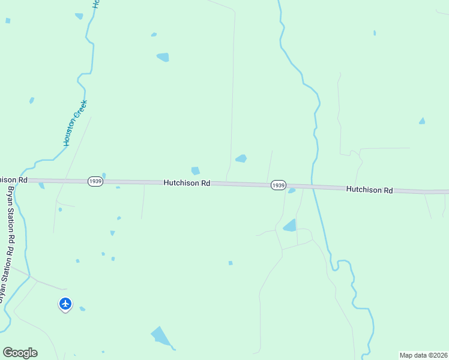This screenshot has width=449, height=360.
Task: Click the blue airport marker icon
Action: pyautogui.click(x=65, y=304)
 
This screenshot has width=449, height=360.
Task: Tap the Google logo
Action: pyautogui.click(x=20, y=353)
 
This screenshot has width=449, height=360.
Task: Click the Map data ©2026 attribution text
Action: pyautogui.click(x=423, y=355)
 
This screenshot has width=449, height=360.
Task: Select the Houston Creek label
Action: pyautogui.click(x=75, y=123)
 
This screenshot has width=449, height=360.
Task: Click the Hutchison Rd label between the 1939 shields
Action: pyautogui.click(x=187, y=183)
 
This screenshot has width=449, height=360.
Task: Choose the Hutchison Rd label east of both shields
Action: pyautogui.click(x=369, y=190)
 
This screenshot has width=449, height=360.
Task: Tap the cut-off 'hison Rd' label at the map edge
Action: pyautogui.click(x=13, y=179)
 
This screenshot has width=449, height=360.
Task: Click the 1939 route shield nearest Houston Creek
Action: pyautogui.click(x=95, y=181)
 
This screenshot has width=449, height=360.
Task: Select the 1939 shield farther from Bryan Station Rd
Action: pyautogui.click(x=277, y=185)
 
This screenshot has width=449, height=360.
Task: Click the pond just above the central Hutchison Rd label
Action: pyautogui.click(x=195, y=171)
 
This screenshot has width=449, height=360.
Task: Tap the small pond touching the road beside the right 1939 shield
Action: pyautogui.click(x=292, y=191)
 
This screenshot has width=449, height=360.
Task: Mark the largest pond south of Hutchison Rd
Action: pyautogui.click(x=160, y=336)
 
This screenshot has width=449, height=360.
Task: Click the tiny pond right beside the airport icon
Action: pyautogui.click(x=82, y=309)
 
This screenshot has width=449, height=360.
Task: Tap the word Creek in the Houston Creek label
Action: pyautogui.click(x=82, y=109)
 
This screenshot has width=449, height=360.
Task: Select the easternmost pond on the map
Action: pyautogui.click(x=422, y=121)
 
